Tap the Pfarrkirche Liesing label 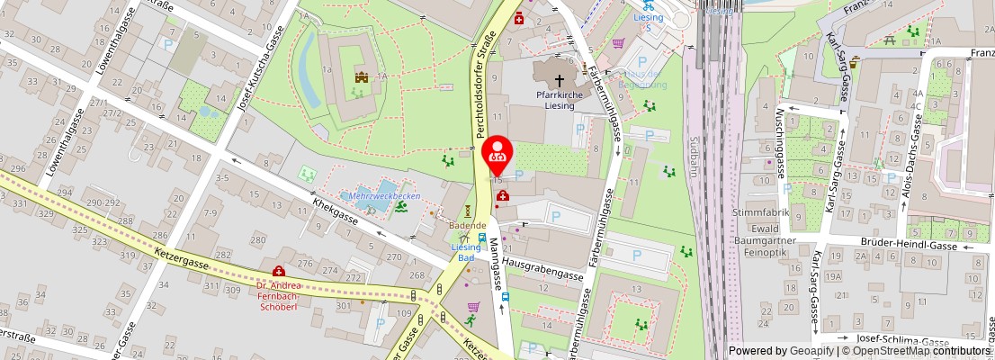point(560,98)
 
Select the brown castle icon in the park point(362,78)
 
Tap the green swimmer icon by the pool point(400,207)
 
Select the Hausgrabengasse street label point(544,268)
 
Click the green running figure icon point(470,319)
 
